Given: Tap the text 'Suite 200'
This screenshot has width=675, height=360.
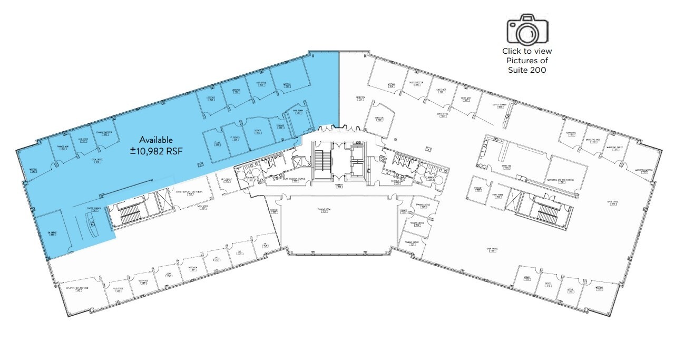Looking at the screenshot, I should (527, 70).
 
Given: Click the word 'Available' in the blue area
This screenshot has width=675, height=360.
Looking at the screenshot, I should (155, 140).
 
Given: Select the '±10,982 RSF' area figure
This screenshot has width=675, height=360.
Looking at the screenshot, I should (155, 151).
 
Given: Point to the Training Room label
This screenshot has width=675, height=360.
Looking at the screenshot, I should (324, 210).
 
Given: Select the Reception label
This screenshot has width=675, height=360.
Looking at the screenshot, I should (360, 99).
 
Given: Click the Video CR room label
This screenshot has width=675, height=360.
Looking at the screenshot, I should (378, 119).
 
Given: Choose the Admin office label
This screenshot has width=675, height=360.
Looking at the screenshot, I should (526, 280).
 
